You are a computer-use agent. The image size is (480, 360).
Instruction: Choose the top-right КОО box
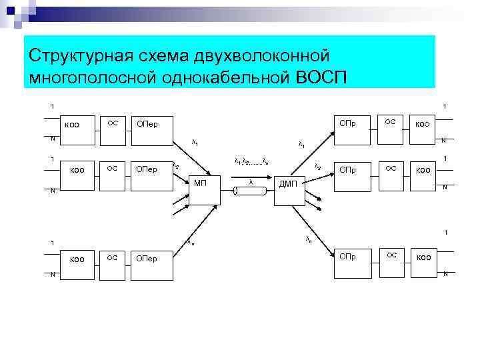point(423,125)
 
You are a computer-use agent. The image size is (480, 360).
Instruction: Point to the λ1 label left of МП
point(195,142)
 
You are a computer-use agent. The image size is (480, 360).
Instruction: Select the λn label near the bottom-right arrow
point(308,238)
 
